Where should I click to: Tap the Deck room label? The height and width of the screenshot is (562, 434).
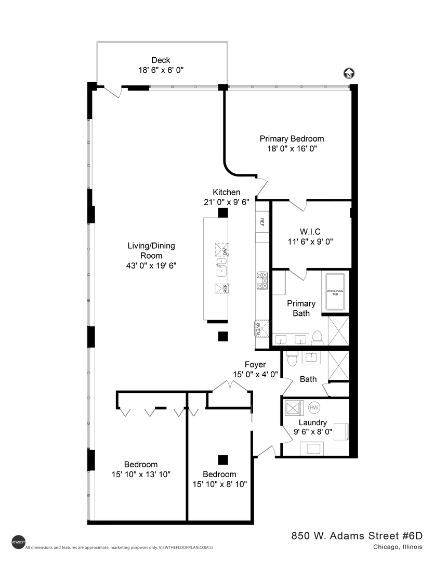pyautogui.click(x=161, y=60)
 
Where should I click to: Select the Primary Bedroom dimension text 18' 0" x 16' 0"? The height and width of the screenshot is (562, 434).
pyautogui.click(x=291, y=148)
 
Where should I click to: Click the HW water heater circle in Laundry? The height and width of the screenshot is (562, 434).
pyautogui.click(x=315, y=407)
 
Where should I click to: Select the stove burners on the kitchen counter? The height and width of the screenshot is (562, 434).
pyautogui.click(x=261, y=281)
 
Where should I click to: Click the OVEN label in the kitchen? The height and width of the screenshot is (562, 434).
pyautogui.click(x=258, y=328)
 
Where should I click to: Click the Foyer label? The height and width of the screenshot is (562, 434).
pyautogui.click(x=255, y=364)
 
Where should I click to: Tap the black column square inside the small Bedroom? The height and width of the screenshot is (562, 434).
pyautogui.click(x=223, y=459)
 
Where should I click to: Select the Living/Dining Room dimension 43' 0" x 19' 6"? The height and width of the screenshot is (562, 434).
pyautogui.click(x=151, y=265)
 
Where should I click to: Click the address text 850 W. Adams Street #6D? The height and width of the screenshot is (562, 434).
pyautogui.click(x=357, y=536)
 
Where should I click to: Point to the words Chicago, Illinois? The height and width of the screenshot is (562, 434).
pyautogui.click(x=397, y=547)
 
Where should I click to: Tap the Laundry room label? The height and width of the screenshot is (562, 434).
pyautogui.click(x=312, y=423)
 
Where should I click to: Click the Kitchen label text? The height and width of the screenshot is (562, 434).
pyautogui.click(x=226, y=192)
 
